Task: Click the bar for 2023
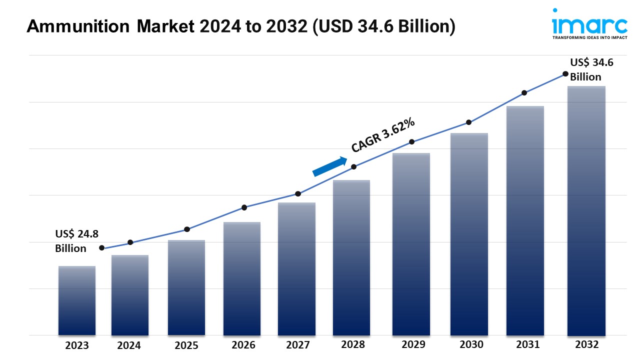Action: click(x=77, y=300)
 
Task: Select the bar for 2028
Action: click(x=351, y=257)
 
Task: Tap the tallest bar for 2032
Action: click(x=586, y=210)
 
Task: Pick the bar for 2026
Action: click(x=242, y=278)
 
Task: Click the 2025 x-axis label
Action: click(x=186, y=345)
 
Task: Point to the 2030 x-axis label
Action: click(x=471, y=344)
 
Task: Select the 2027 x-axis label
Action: click(x=297, y=345)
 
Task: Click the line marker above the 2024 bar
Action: click(x=130, y=242)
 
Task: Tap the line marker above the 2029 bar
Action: click(x=411, y=142)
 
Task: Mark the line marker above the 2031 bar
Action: click(x=524, y=93)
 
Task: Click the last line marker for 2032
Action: click(x=565, y=73)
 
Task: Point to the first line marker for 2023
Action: click(x=102, y=248)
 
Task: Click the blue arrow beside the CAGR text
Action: click(x=330, y=166)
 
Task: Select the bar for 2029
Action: click(x=411, y=244)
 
